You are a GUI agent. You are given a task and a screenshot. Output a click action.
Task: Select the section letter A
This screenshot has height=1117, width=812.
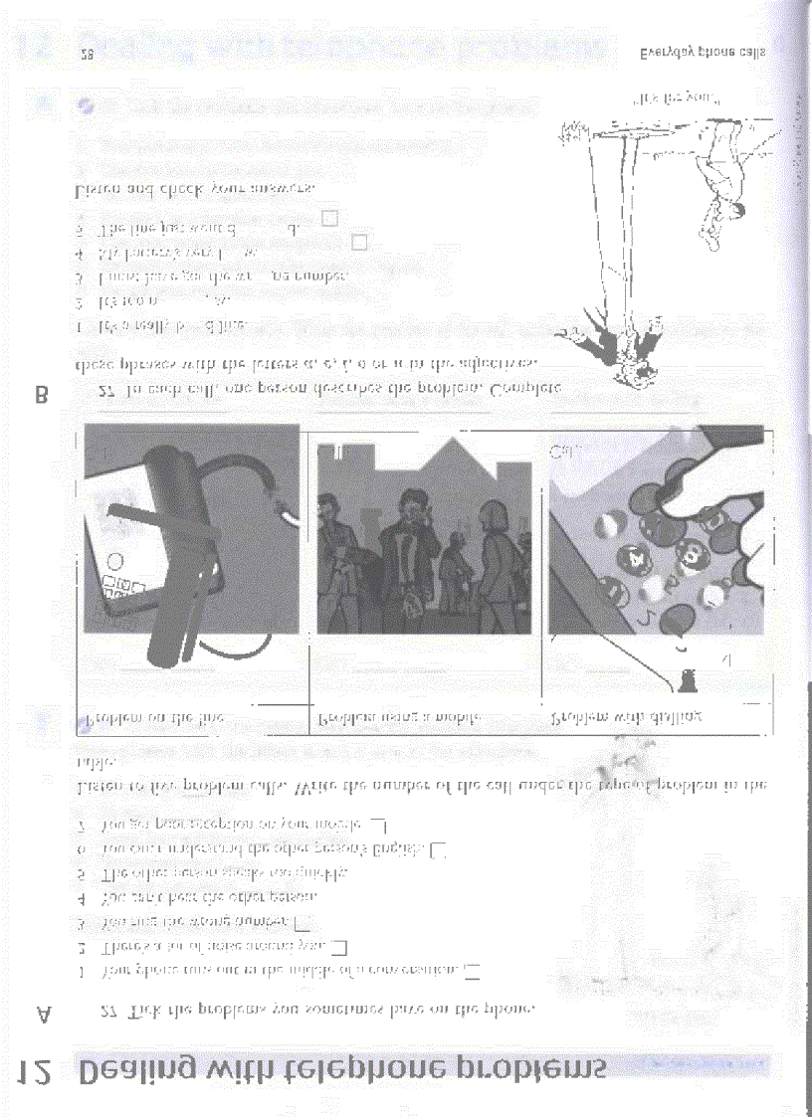point(43,1014)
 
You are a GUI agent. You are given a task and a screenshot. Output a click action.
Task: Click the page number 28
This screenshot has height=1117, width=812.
point(87,56)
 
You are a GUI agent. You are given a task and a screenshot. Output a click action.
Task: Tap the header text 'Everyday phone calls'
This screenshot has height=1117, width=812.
point(705,53)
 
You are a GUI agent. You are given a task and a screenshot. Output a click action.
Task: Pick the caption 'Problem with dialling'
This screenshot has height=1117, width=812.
point(628,716)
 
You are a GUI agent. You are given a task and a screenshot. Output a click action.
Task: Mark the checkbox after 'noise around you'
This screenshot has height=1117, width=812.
point(339,946)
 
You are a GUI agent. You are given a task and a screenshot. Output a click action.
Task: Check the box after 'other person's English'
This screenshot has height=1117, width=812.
point(439,849)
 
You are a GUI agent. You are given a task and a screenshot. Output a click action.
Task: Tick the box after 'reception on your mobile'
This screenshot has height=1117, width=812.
point(378,826)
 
